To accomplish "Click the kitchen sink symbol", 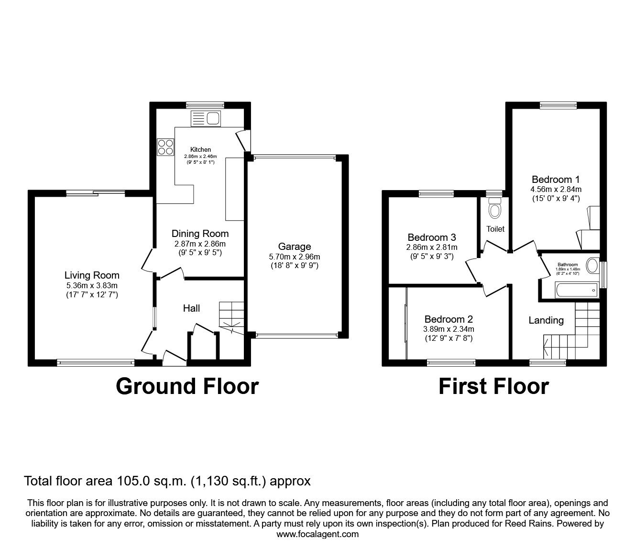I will click(x=205, y=117).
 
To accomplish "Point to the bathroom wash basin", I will click(x=592, y=266).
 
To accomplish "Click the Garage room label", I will click(x=295, y=247).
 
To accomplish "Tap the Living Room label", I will click(x=92, y=275).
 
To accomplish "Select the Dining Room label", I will click(x=200, y=234).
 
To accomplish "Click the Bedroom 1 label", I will click(x=556, y=180).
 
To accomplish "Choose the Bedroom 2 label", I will click(x=449, y=319).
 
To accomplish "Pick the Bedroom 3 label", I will click(x=431, y=237).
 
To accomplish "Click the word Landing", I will click(x=546, y=320).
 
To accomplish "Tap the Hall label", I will click(x=191, y=308).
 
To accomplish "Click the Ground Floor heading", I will click(x=187, y=386).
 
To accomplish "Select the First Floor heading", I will click(x=493, y=386).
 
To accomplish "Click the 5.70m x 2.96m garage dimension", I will click(x=295, y=257).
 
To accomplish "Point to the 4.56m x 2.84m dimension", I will click(x=556, y=190).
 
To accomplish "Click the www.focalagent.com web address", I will click(x=317, y=534).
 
